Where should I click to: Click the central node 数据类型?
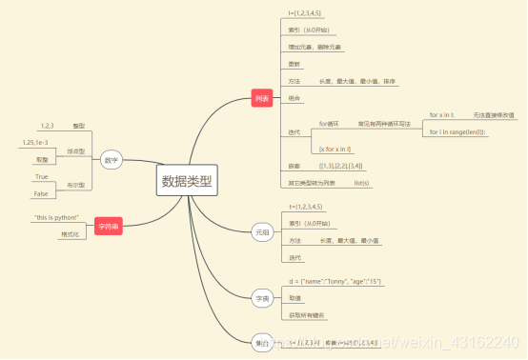coord(188,180)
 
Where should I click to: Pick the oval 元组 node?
coord(262,231)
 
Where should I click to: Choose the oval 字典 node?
coord(262,299)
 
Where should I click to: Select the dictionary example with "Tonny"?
coord(336,280)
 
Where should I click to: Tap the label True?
coord(41,177)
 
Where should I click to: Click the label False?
coord(41,193)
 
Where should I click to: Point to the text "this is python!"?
coord(56,218)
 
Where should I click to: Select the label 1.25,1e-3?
coord(36,143)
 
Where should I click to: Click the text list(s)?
coord(361,181)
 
